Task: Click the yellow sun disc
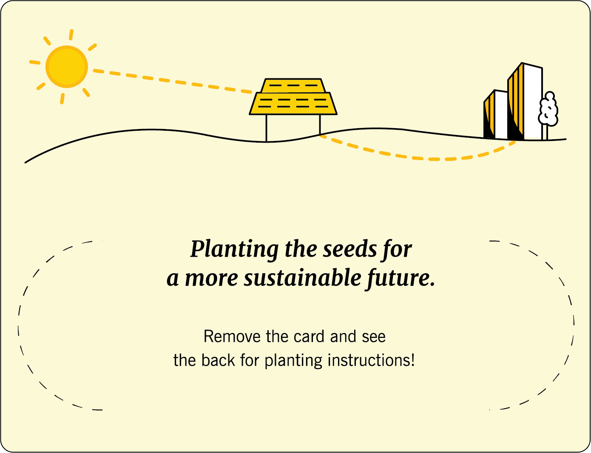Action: [x=67, y=67]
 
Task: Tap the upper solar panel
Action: [x=293, y=86]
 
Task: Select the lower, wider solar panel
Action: [x=293, y=103]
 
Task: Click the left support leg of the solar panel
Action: [x=267, y=128]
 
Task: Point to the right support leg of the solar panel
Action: [x=320, y=125]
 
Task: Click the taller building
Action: [x=526, y=102]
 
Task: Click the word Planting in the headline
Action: [x=234, y=249]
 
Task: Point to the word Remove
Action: [x=232, y=337]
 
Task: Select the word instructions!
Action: [x=371, y=361]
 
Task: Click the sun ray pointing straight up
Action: [x=71, y=35]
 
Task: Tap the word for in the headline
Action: [x=397, y=249]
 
